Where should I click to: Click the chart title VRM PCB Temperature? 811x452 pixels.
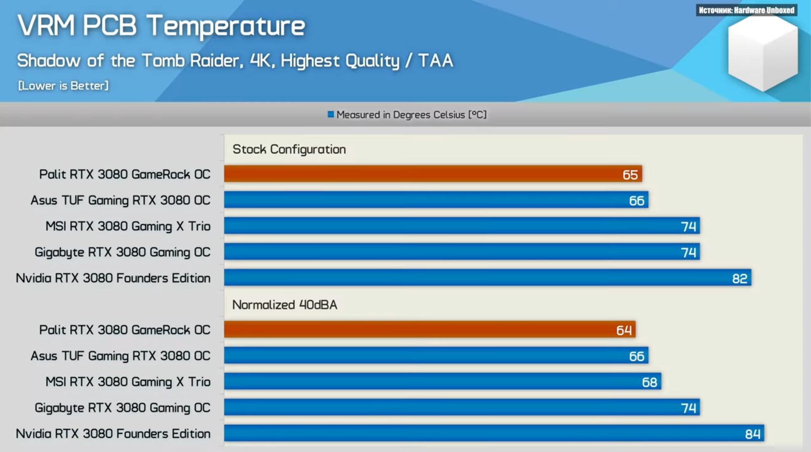pos(161,25)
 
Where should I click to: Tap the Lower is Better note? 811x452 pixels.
pos(63,86)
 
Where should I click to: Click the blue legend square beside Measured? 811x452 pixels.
pos(331,114)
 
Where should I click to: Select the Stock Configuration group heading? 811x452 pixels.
pos(289,149)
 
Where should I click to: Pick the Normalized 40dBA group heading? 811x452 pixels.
pos(285,305)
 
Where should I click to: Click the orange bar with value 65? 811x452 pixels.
pos(433,174)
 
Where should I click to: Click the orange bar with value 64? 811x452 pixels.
pos(430,329)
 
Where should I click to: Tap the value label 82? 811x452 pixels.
pos(740,278)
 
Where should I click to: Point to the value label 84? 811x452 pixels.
pos(753,434)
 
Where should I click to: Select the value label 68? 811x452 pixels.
pos(649,382)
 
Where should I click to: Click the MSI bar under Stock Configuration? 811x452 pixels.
pos(462,226)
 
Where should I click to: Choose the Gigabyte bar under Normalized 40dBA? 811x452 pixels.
pos(462,407)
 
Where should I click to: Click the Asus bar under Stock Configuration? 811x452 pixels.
pos(436,200)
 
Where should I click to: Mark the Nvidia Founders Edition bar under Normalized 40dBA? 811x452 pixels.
pos(494,433)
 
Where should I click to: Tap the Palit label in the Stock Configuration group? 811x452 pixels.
pos(125,174)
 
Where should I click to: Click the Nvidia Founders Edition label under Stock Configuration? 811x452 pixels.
pos(113,278)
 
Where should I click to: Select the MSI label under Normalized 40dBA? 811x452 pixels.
pos(128,382)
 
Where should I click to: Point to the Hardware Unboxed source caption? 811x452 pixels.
pos(746,10)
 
